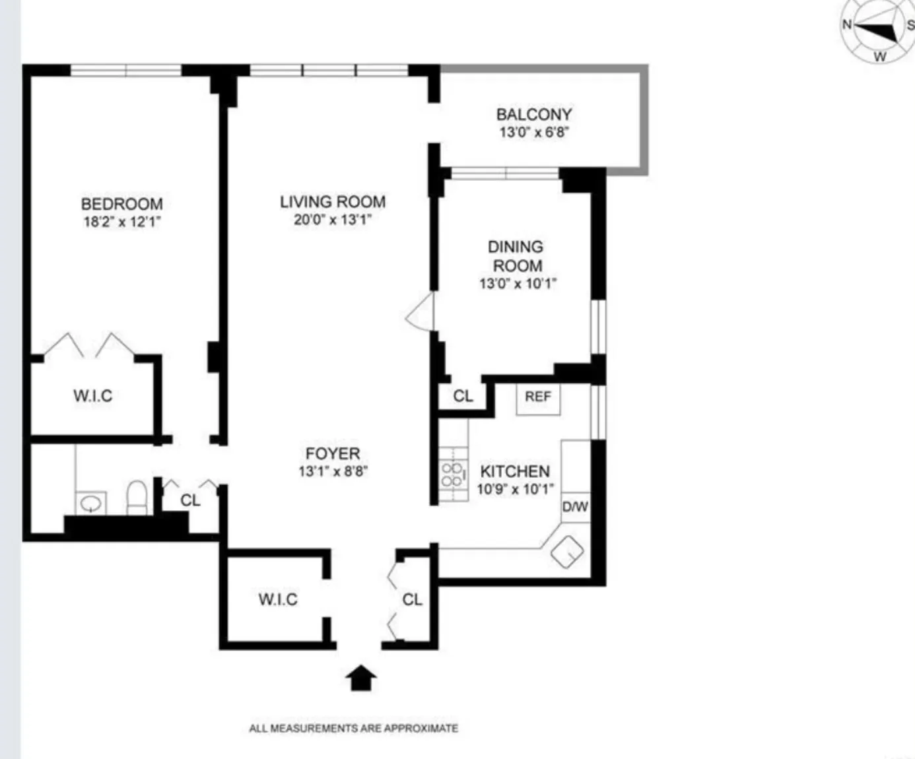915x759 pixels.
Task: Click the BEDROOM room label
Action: point(121,204)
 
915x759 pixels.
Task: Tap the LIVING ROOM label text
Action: point(333,202)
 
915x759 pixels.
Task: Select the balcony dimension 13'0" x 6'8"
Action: point(534,132)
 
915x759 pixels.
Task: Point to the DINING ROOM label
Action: point(516,256)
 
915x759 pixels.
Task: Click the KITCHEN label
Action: point(515,471)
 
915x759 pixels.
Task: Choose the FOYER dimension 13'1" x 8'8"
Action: point(333,471)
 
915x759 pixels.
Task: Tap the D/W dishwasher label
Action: point(575,507)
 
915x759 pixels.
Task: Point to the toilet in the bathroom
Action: point(137,496)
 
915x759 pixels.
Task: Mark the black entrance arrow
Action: point(361,678)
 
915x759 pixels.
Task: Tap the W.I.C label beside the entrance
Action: point(278,599)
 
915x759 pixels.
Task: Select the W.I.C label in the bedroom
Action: point(92,396)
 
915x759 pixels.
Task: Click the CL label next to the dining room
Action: point(463,396)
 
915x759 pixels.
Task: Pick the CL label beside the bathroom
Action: point(190,500)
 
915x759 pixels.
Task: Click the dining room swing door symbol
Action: point(421,312)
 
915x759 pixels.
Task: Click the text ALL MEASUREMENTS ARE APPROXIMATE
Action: point(353,728)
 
